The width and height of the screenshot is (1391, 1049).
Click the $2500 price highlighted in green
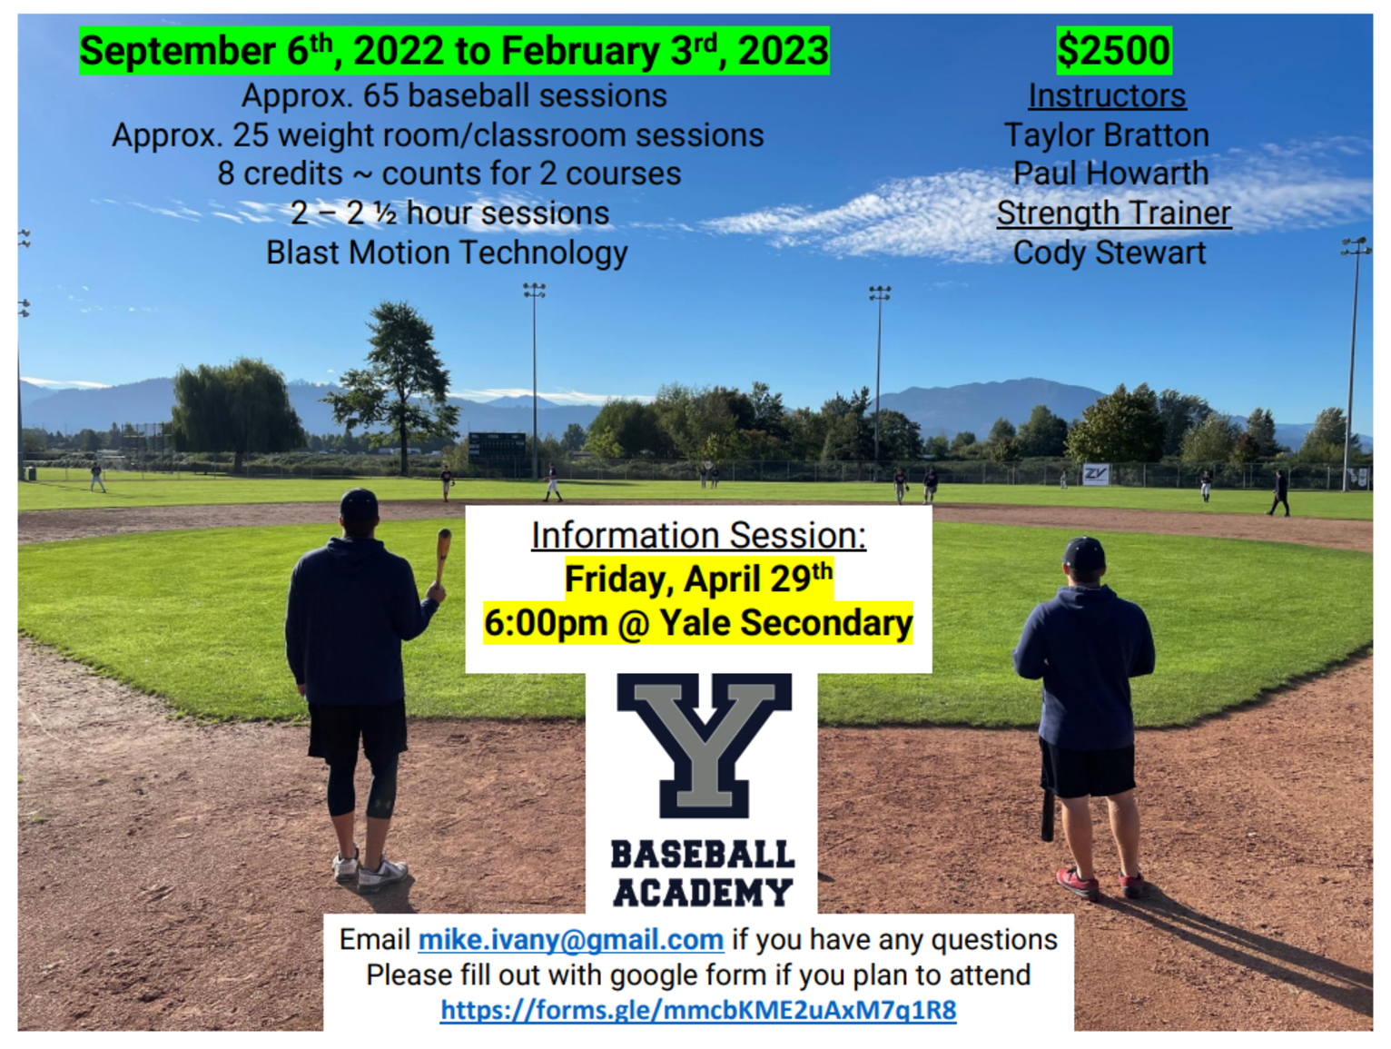coord(1113,50)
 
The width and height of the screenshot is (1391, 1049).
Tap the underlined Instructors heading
coord(1107,96)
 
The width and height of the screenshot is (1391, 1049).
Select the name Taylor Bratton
coord(1107,135)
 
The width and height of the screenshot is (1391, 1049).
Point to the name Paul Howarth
coord(1110,173)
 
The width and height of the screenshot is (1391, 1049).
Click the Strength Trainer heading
coord(1113,213)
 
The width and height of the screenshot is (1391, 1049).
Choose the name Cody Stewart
coord(1109,252)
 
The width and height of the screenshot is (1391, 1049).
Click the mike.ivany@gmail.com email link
coord(570,939)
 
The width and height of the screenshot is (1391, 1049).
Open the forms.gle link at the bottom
coord(698,1010)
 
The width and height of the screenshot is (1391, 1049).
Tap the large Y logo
coord(704,746)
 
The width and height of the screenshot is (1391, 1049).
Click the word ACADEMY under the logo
coord(702,893)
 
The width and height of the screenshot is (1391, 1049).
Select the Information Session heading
coord(698,536)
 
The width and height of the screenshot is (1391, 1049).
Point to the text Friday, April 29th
coord(698,579)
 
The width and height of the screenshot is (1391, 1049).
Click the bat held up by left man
coord(443,558)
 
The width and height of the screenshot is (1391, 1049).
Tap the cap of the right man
coord(1083,553)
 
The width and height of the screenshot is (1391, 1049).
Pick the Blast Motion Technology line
coord(447,252)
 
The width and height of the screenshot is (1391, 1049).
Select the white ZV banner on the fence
coord(1096,474)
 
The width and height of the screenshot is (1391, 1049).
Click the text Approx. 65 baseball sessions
coord(454,96)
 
